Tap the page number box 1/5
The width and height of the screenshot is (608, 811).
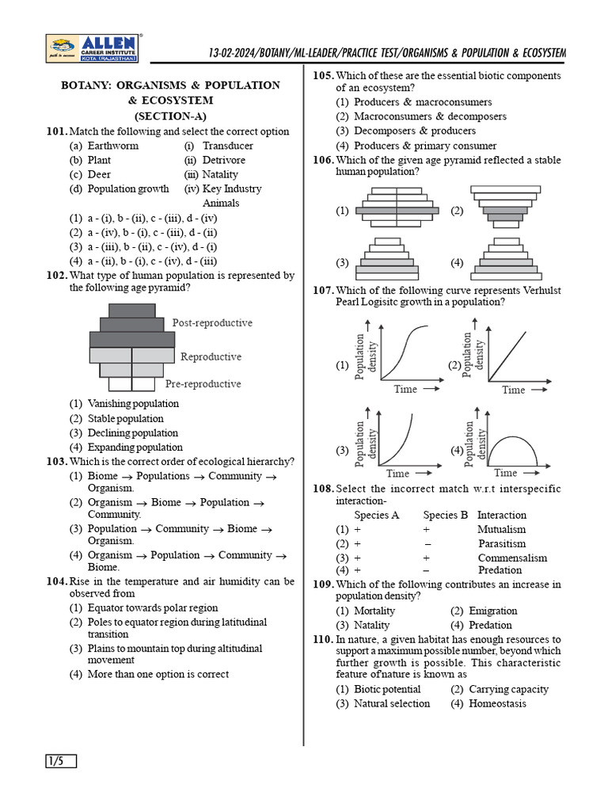(61, 762)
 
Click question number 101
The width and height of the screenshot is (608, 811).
(57, 131)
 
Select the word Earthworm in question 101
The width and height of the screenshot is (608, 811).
(113, 146)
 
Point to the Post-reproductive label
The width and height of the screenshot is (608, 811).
(212, 323)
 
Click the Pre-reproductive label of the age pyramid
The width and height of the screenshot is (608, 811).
(203, 384)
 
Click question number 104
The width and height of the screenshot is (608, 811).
(57, 581)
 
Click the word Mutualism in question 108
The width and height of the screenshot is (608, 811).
(501, 529)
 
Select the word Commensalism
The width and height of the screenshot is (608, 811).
(511, 558)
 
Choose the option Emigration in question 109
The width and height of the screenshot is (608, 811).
(492, 611)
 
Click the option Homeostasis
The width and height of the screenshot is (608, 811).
(497, 703)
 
